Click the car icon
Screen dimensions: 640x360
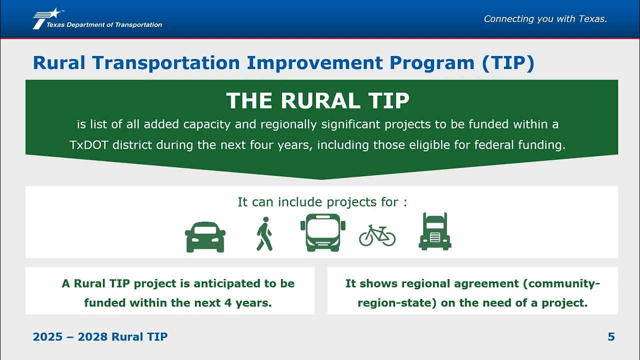(x=205, y=237)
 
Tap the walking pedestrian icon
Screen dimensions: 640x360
(x=264, y=233)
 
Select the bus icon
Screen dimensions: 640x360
(x=323, y=232)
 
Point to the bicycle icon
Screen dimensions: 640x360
(x=377, y=235)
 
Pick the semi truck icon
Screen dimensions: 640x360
(x=435, y=231)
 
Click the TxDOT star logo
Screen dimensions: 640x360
(x=47, y=18)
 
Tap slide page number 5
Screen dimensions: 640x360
(x=611, y=337)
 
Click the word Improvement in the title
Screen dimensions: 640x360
(x=314, y=62)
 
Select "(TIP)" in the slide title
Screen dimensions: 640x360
(x=507, y=63)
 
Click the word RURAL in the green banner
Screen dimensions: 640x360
(x=320, y=100)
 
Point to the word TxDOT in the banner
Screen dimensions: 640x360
(x=89, y=145)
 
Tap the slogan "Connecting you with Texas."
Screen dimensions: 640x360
(x=545, y=19)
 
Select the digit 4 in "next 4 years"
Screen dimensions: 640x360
(x=227, y=303)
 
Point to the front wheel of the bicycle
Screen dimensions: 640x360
(x=388, y=239)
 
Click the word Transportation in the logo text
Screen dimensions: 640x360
(x=138, y=25)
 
